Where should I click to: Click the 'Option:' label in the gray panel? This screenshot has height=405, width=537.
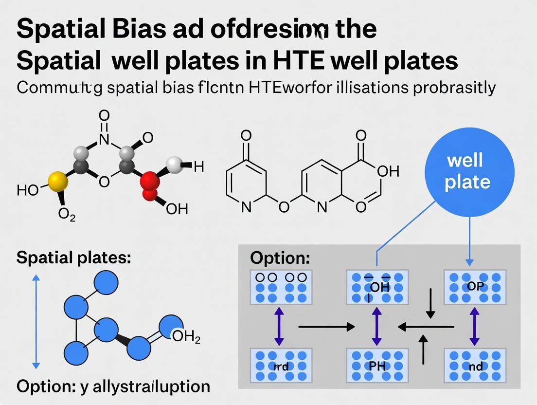point(280,258)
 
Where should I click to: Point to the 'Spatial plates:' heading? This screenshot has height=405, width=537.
point(73,258)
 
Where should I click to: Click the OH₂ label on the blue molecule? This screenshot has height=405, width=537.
point(186,337)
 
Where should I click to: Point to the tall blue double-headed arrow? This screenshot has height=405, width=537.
point(35,321)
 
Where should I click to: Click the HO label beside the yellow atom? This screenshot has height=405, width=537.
point(27,190)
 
